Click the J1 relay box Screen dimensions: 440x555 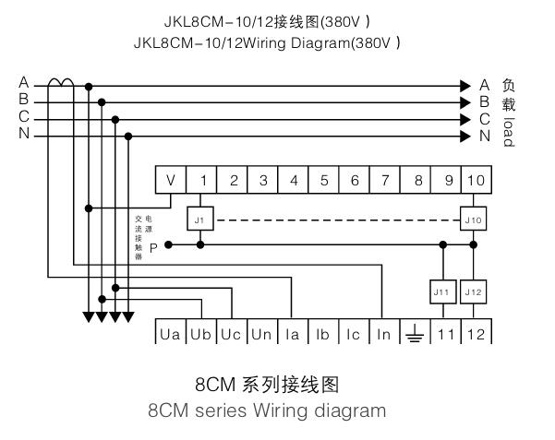[200, 219]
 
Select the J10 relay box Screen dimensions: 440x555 [474, 219]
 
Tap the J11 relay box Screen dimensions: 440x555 [443, 291]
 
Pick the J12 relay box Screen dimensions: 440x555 [474, 291]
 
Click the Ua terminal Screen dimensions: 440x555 [170, 334]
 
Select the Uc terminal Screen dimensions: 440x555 [231, 334]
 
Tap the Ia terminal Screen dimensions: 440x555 [292, 334]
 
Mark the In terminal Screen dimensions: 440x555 [383, 334]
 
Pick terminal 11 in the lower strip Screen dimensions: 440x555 [444, 334]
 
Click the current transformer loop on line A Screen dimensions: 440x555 [61, 83]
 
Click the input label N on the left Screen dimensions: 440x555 [23, 136]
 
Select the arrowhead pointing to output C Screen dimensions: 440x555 [466, 119]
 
